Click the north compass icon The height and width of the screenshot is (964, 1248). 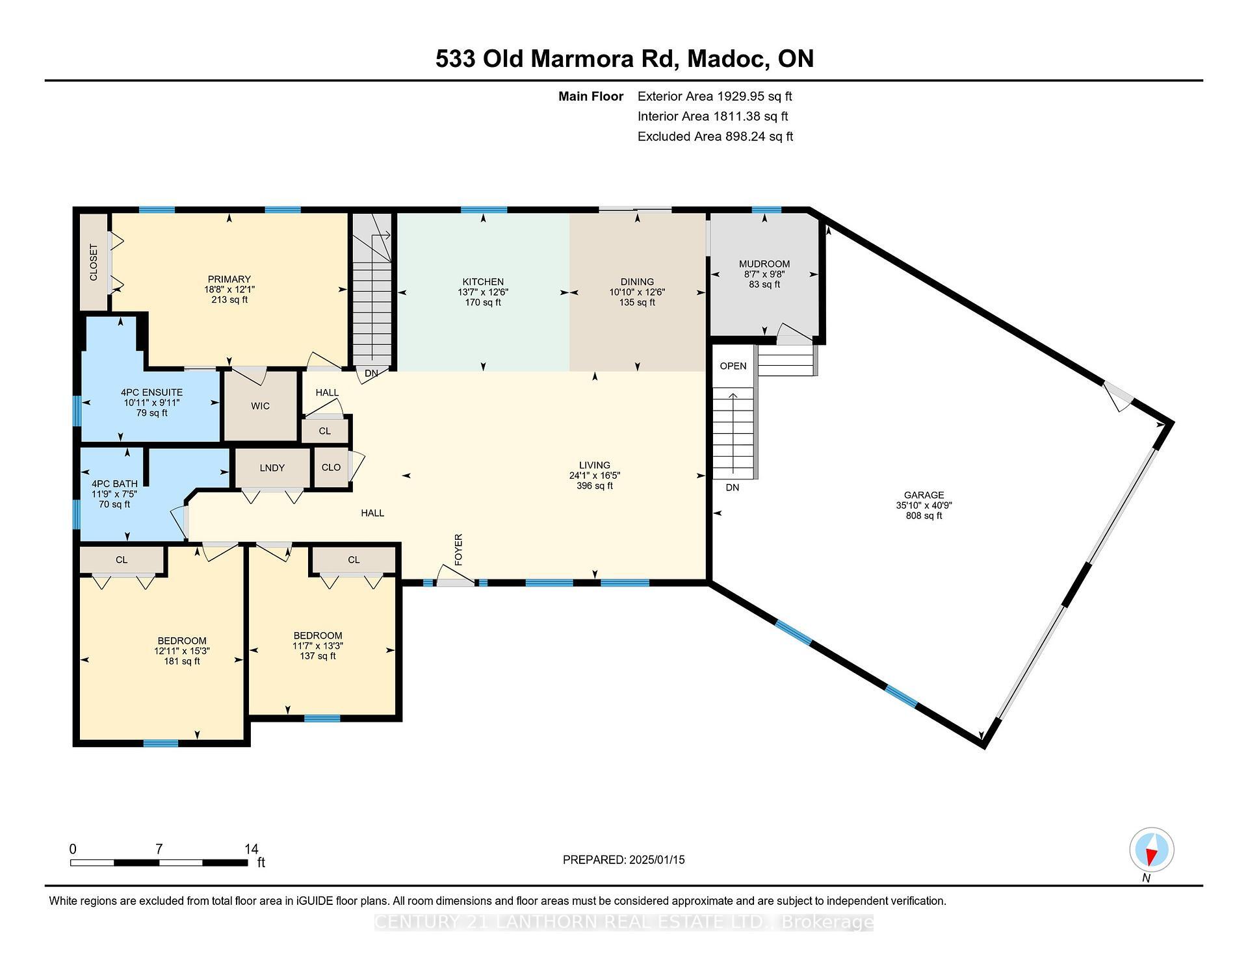click(x=1151, y=849)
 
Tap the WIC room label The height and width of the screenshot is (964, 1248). click(x=260, y=406)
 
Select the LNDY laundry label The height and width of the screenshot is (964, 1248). click(x=272, y=468)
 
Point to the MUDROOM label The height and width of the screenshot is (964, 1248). click(x=764, y=264)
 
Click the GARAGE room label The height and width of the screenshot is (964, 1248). click(x=924, y=495)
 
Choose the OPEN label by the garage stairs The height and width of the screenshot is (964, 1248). click(x=733, y=366)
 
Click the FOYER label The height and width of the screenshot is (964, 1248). click(x=458, y=550)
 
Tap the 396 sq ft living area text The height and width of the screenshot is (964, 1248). click(x=595, y=486)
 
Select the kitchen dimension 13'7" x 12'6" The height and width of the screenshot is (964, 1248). click(x=483, y=292)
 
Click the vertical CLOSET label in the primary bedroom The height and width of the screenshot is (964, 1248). click(x=94, y=262)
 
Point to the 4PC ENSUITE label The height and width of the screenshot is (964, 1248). click(x=151, y=392)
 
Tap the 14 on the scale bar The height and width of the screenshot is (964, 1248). click(x=252, y=849)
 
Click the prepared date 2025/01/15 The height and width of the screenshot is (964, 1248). click(x=657, y=859)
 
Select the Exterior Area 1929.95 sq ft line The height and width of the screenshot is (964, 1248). click(x=715, y=96)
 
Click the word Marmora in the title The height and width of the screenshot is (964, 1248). click(x=582, y=59)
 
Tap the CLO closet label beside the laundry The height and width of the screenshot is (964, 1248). click(x=331, y=467)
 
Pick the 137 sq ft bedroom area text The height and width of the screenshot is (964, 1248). click(x=318, y=656)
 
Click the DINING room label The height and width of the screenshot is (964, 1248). click(x=637, y=282)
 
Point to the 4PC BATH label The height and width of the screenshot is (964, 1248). click(x=114, y=484)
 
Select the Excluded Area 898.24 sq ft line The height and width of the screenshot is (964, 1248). click(x=715, y=136)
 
